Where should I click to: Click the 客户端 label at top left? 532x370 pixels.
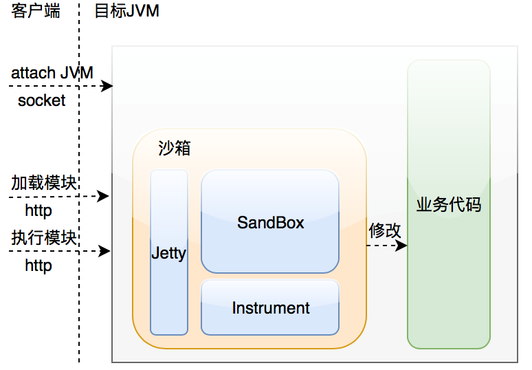(36, 12)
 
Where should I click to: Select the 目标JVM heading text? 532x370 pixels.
(126, 12)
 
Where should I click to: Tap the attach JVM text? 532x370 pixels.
(52, 72)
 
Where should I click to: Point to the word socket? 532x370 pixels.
(42, 100)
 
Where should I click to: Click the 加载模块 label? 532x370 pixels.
(43, 182)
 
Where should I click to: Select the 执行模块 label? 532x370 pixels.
(43, 238)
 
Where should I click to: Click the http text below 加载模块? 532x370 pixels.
(38, 210)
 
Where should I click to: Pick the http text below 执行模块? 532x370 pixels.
(38, 265)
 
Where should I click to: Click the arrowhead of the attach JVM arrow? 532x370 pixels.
(107, 86)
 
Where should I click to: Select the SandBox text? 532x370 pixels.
(270, 223)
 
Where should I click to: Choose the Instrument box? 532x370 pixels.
(270, 307)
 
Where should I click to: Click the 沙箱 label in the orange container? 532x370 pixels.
(174, 149)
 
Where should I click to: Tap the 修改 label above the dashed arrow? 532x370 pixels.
(385, 230)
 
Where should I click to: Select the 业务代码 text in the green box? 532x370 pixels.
(449, 204)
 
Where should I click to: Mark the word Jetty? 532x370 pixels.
(169, 253)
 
